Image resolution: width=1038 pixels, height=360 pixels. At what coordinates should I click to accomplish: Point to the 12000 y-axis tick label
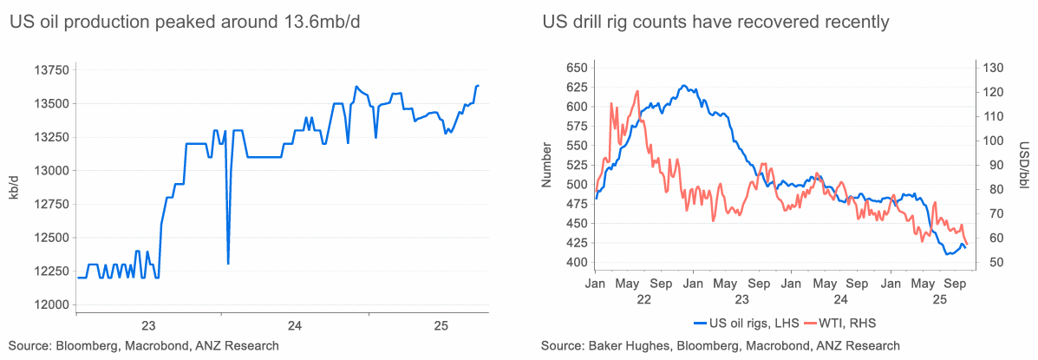49,304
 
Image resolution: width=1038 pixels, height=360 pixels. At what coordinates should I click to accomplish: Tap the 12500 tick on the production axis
49,238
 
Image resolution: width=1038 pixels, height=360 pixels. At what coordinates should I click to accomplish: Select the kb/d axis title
14,187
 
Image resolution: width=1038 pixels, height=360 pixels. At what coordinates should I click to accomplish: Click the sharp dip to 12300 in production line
228,263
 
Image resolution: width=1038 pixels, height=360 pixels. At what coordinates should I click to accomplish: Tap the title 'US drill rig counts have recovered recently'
715,22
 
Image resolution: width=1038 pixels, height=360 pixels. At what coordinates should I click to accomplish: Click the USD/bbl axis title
1023,165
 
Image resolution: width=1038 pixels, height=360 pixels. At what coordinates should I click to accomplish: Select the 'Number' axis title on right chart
546,165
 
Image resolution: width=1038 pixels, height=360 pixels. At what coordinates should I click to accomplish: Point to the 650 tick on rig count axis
577,68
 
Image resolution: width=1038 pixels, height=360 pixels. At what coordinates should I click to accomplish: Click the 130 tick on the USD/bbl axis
991,68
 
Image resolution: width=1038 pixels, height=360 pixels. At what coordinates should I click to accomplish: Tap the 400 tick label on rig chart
577,262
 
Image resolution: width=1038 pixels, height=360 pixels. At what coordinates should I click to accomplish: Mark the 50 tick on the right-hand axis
989,262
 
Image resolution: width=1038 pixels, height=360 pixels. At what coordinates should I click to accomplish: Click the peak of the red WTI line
637,91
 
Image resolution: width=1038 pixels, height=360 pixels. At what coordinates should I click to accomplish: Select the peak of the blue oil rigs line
684,85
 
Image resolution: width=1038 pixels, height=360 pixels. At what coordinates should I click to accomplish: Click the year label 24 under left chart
295,325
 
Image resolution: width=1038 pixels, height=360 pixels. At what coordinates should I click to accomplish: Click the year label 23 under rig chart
742,299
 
